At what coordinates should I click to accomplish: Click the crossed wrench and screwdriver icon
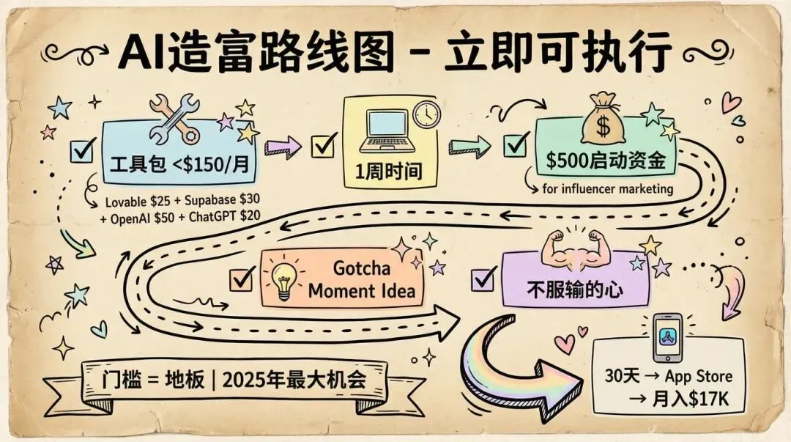pos(174,118)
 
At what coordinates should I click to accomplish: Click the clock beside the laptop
pos(426,114)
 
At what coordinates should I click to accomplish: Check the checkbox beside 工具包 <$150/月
pos(81,151)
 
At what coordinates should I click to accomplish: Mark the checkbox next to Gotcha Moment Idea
pos(241,279)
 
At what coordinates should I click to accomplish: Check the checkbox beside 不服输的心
pos(483,279)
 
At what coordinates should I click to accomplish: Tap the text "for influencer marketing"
pos(607,189)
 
